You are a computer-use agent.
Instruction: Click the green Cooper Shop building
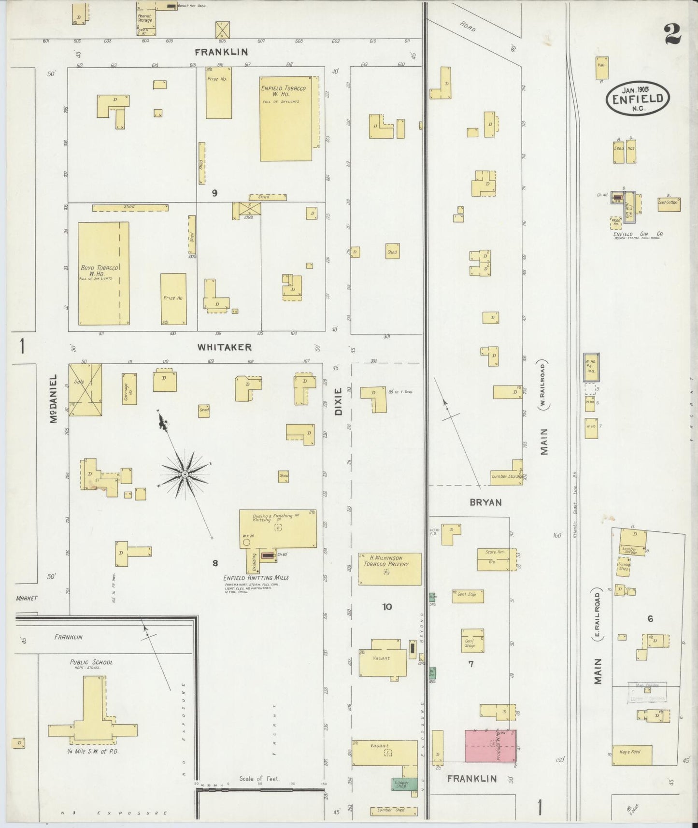(404, 783)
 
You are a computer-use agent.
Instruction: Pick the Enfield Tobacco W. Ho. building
(286, 118)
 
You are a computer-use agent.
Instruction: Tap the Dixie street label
(338, 401)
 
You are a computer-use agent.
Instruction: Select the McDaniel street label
(54, 399)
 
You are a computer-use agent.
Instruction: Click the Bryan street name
(485, 502)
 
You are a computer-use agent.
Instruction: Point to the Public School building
(92, 710)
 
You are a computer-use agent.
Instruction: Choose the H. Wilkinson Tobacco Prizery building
(389, 569)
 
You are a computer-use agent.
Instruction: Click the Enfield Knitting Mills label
(256, 577)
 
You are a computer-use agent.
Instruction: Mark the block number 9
(214, 193)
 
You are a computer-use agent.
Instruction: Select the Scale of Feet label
(259, 778)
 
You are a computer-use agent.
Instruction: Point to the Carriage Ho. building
(129, 388)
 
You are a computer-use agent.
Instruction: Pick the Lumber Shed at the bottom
(394, 810)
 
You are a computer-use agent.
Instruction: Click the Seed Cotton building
(669, 204)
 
